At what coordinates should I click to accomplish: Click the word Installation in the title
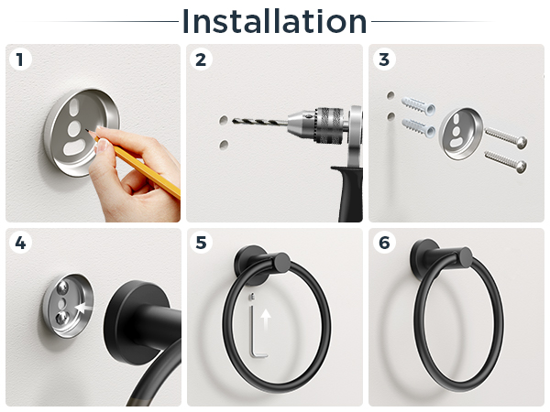[274, 22]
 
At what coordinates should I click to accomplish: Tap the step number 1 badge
[20, 60]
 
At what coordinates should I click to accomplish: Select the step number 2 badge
[201, 60]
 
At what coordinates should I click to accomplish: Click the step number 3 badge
[384, 60]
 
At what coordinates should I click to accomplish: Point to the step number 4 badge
[20, 243]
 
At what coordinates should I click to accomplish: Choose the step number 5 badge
[201, 243]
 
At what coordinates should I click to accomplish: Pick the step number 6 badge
[384, 243]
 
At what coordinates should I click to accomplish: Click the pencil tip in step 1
[86, 130]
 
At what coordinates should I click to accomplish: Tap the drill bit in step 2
[260, 122]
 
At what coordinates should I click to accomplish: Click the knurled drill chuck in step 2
[329, 125]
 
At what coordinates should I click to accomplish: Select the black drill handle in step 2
[348, 193]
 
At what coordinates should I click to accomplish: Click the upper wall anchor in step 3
[418, 105]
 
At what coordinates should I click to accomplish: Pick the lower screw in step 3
[505, 161]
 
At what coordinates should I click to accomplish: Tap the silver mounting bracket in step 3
[461, 134]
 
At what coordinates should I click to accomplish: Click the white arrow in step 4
[84, 308]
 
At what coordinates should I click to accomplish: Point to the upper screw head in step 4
[62, 287]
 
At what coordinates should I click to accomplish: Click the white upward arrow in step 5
[266, 320]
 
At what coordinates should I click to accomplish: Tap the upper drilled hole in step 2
[224, 121]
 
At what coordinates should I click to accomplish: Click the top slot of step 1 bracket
[74, 107]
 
